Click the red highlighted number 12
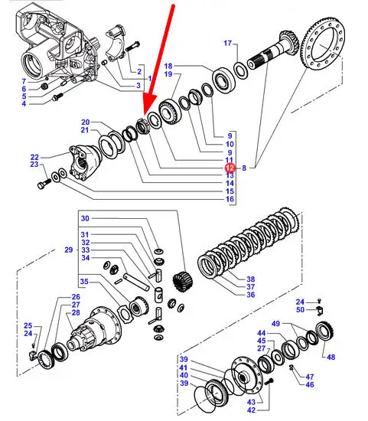pyautogui.click(x=230, y=168)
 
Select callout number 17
pyautogui.click(x=228, y=43)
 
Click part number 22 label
pyautogui.click(x=34, y=157)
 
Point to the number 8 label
pyautogui.click(x=244, y=168)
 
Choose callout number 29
pyautogui.click(x=69, y=250)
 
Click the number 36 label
pyautogui.click(x=251, y=295)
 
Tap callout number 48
pyautogui.click(x=331, y=357)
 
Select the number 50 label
pyautogui.click(x=300, y=309)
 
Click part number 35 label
pyautogui.click(x=84, y=282)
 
